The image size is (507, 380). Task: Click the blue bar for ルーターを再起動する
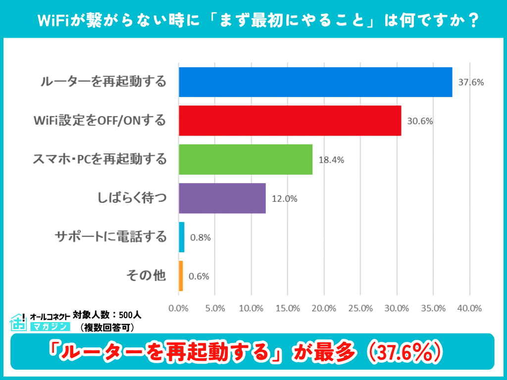click(315, 82)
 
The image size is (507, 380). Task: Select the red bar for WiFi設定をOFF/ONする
click(290, 121)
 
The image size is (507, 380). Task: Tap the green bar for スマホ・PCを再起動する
click(246, 159)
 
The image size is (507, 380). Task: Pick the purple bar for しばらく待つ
click(222, 198)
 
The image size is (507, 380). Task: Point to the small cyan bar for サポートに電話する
click(182, 237)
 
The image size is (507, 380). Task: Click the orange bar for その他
click(181, 276)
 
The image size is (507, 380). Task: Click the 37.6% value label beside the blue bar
click(470, 83)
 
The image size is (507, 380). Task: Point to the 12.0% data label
click(284, 199)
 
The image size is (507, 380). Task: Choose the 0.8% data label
click(201, 237)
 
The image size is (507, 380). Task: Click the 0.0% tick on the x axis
click(179, 308)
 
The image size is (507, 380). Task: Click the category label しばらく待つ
click(133, 198)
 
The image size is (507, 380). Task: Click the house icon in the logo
click(18, 322)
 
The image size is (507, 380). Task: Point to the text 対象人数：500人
click(107, 315)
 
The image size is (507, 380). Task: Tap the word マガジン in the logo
click(49, 327)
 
